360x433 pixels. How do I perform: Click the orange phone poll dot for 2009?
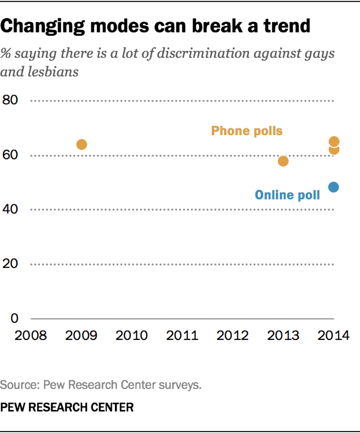(82, 144)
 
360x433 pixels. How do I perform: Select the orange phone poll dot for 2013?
(283, 161)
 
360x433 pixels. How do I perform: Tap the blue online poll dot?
(334, 187)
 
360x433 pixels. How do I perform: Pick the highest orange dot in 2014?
(334, 141)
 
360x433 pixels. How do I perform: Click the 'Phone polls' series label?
(247, 131)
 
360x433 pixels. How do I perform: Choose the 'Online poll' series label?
(287, 195)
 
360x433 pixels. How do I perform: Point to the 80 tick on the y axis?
(10, 100)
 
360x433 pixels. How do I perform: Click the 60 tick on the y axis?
(10, 155)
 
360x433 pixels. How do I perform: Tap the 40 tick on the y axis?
(10, 209)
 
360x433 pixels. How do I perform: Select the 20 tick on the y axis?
(10, 264)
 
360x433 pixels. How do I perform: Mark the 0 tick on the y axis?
(14, 318)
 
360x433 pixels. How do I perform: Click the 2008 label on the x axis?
(30, 336)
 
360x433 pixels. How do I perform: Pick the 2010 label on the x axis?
(132, 336)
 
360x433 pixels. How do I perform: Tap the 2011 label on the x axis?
(182, 336)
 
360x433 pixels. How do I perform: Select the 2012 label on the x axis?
(233, 336)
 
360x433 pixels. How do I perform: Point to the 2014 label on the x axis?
(333, 336)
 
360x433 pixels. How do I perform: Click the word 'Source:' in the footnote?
(20, 385)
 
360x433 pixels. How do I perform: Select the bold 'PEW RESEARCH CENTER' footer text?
(67, 407)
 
